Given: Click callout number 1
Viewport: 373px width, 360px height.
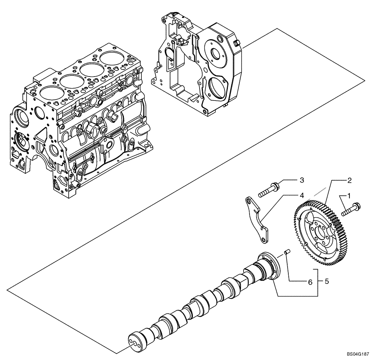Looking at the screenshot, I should (349, 195).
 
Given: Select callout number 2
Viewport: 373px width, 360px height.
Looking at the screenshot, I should (349, 180).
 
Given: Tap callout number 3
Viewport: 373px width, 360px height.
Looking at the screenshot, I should (302, 180).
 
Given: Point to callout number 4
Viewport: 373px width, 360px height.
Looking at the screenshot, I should (301, 195).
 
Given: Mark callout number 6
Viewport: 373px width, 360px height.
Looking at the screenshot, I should (310, 283).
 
